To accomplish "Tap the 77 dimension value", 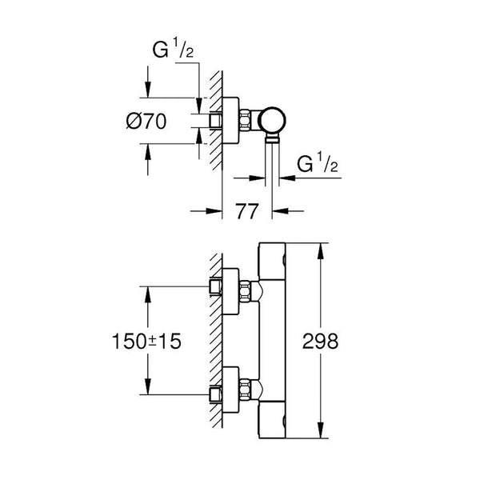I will pos(247,212).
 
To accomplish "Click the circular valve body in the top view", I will pos(274,122).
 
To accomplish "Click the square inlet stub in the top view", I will pos(214,122).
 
